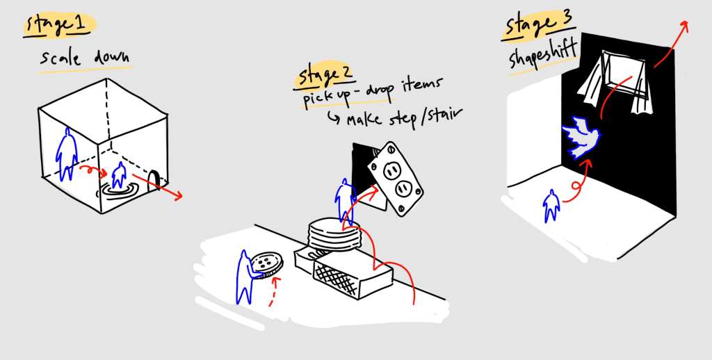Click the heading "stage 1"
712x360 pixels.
[56, 25]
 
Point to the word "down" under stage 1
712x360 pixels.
[112, 57]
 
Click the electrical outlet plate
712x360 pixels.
[395, 179]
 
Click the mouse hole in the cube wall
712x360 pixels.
[154, 180]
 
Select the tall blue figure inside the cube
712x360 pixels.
[66, 154]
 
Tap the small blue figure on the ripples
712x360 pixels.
[119, 175]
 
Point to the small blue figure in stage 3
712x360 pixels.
[551, 206]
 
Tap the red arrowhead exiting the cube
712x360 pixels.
[178, 196]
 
